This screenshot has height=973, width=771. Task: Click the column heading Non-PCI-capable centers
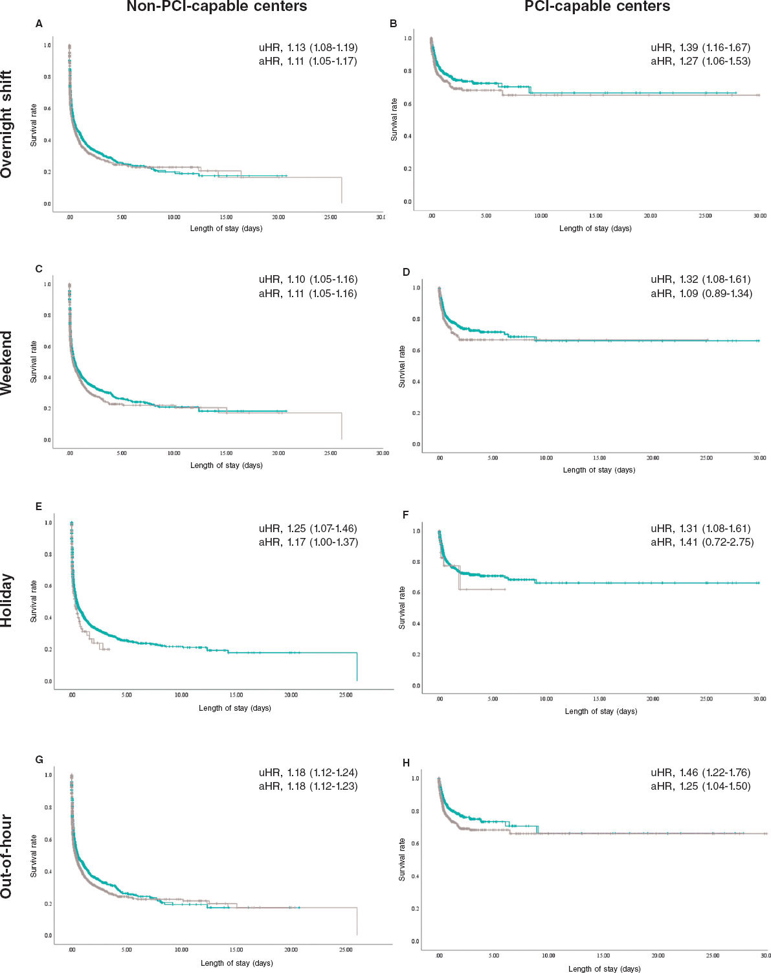(216, 7)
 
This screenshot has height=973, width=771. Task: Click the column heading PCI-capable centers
(597, 7)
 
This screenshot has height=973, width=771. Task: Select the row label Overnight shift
(7, 125)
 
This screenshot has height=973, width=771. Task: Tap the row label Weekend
(7, 363)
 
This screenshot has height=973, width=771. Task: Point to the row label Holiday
(7, 600)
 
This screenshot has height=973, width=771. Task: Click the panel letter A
(39, 24)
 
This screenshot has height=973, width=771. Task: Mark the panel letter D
(406, 272)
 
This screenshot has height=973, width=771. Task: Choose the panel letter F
(406, 516)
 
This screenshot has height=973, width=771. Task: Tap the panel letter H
(406, 763)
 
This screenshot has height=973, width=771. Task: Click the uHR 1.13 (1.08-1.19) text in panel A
(308, 47)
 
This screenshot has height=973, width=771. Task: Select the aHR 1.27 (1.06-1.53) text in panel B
(700, 62)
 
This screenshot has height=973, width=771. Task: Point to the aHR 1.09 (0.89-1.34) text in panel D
(701, 294)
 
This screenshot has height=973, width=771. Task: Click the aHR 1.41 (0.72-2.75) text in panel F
(702, 542)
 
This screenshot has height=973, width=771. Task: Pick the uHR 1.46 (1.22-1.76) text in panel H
(700, 772)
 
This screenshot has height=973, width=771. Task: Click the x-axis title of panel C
(227, 465)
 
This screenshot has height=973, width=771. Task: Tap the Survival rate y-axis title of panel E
(34, 601)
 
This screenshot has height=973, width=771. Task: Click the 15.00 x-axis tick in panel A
(226, 218)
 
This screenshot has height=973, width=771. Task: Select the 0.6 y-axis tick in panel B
(407, 104)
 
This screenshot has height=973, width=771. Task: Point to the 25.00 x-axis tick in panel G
(346, 950)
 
